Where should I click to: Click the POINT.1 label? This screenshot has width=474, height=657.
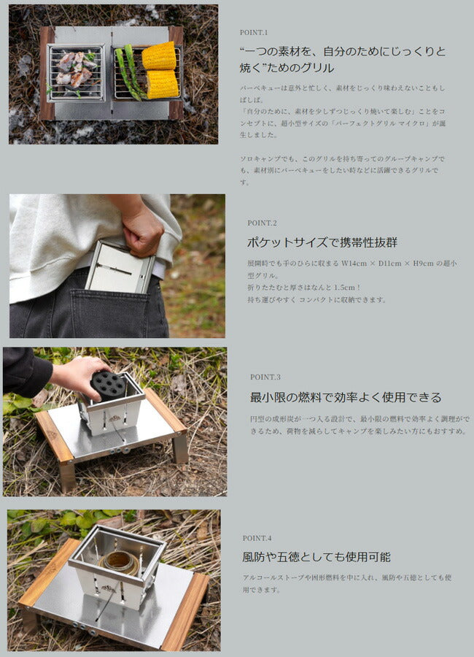pos(254,33)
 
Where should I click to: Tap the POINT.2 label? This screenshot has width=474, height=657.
pos(261,223)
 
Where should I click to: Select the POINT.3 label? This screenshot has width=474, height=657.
pos(265,377)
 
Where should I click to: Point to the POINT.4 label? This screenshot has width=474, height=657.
pos(257,538)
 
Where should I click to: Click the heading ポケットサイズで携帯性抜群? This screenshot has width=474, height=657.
pos(322,242)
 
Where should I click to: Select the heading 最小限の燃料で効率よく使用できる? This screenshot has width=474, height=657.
pos(346,398)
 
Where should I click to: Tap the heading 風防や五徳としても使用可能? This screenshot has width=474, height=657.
pos(316,557)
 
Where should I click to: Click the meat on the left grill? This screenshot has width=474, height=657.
pos(75,69)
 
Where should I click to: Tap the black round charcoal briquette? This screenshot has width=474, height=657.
pos(107,385)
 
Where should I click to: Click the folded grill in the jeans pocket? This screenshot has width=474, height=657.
pos(120,267)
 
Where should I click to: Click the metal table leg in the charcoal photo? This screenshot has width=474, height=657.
pos(179,449)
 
